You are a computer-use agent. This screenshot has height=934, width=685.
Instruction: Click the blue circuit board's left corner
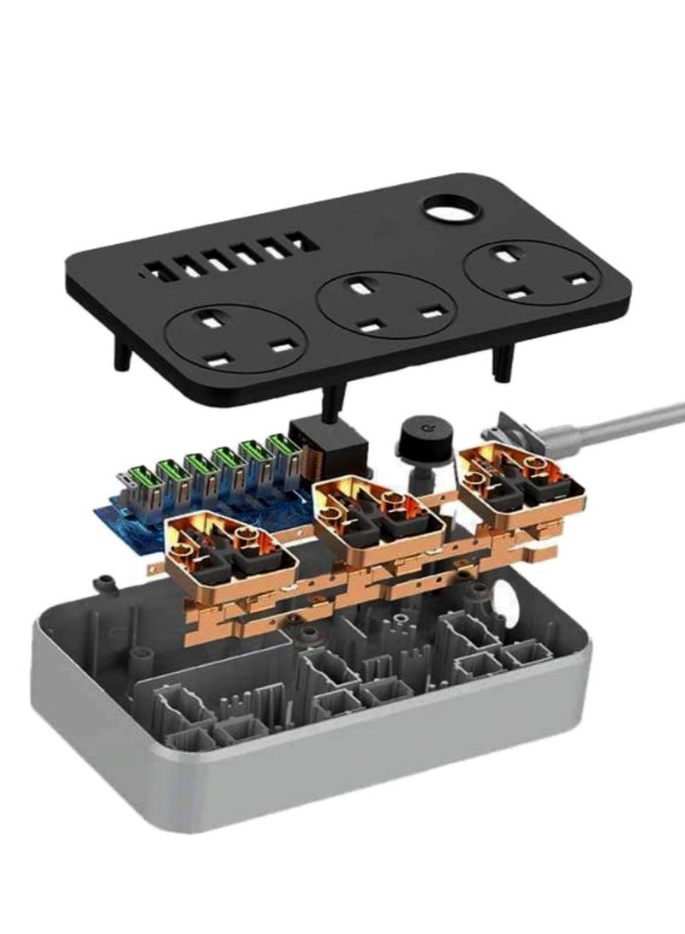96,512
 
